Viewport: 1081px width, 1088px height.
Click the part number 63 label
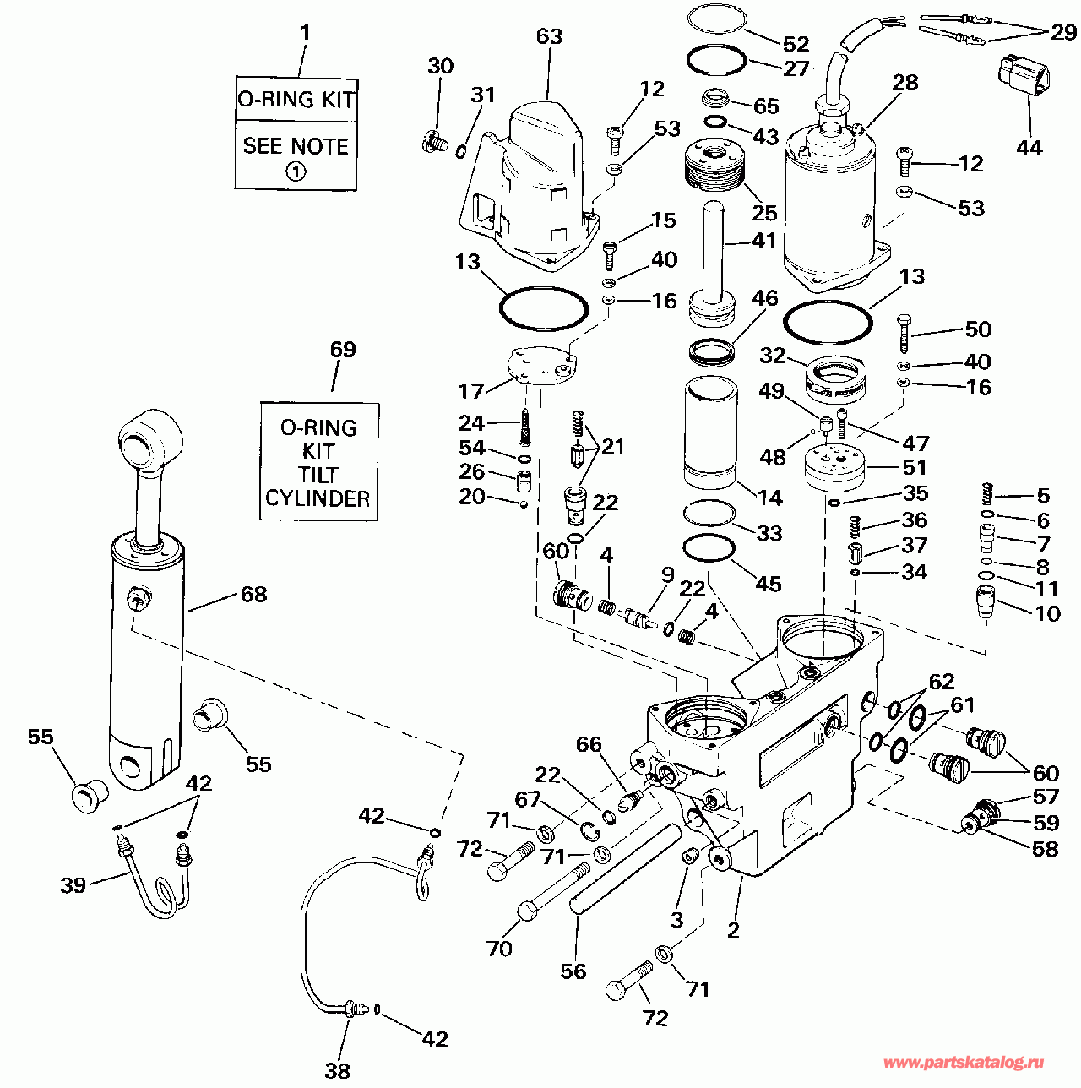point(549,37)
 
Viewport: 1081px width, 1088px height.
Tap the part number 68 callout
point(253,595)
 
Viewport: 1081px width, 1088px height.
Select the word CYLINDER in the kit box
point(318,498)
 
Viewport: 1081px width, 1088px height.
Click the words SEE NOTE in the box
point(296,146)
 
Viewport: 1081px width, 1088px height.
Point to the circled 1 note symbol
point(295,171)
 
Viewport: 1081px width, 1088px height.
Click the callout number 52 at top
point(796,44)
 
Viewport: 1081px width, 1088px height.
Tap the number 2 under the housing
point(733,930)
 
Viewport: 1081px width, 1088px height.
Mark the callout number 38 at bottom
point(337,1071)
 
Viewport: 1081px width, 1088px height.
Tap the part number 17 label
point(470,391)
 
